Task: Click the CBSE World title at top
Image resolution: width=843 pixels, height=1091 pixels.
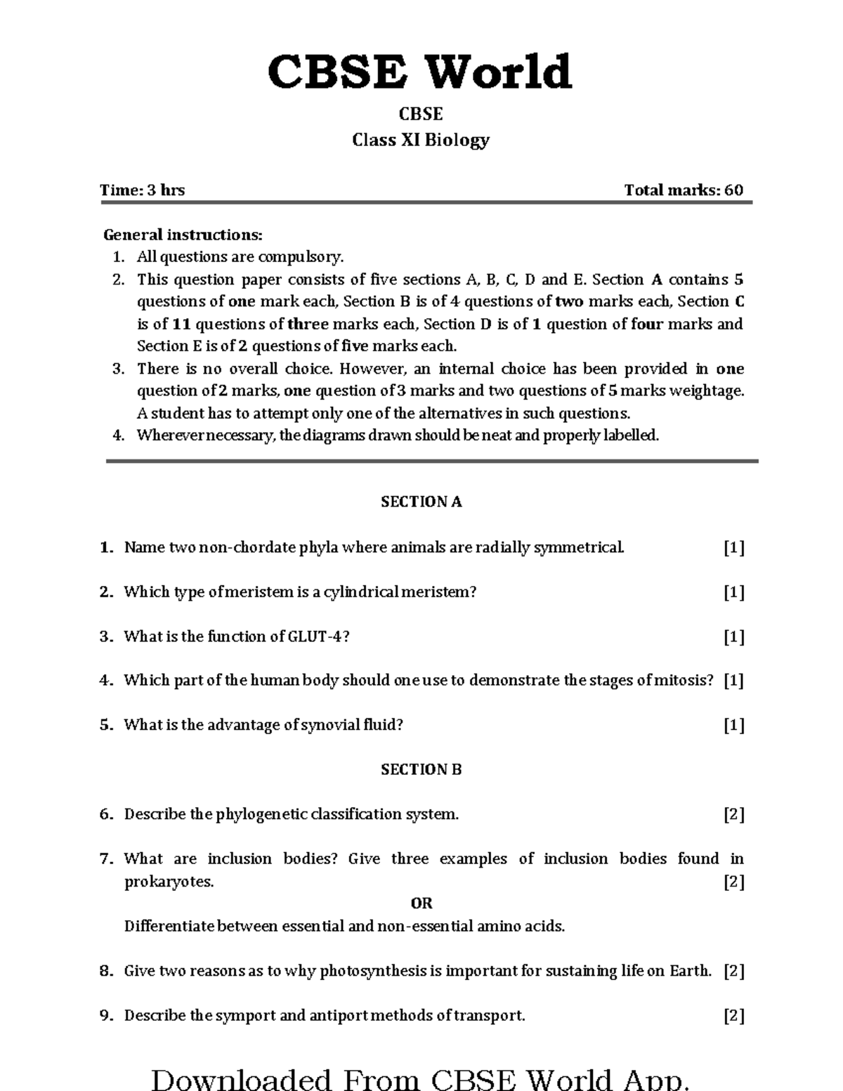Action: point(420,72)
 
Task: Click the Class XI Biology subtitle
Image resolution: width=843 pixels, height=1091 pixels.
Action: point(420,140)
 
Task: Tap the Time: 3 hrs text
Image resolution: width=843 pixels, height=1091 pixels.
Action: point(142,190)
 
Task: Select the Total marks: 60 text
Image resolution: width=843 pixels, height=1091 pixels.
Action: point(683,190)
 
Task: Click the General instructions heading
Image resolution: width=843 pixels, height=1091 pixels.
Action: point(183,235)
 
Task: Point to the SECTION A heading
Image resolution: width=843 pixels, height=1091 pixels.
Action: point(421,502)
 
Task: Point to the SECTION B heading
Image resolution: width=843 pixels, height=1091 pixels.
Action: point(421,769)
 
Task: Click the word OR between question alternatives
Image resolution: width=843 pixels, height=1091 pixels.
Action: point(421,903)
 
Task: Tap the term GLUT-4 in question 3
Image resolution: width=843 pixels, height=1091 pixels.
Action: point(316,636)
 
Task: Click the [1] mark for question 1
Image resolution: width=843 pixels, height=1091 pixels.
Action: point(734,547)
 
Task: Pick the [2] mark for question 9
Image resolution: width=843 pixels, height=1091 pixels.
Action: point(734,1016)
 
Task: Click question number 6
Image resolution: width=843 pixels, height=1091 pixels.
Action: point(106,814)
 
